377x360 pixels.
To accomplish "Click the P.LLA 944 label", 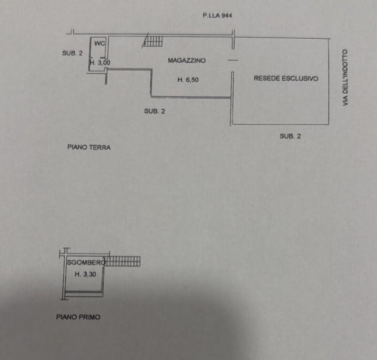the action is coord(217,16).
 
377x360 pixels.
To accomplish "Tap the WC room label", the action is coord(100,44).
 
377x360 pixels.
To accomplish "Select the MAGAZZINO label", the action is coord(187,60).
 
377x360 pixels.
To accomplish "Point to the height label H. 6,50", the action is coord(188,79).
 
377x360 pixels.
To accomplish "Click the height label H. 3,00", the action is coord(100,63).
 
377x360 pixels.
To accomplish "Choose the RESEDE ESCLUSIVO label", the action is coord(286,78).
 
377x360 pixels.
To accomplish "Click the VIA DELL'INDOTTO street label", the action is coord(345,78).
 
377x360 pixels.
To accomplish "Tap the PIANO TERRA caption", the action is coord(89,147).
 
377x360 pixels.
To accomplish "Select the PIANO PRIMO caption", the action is coord(78,317).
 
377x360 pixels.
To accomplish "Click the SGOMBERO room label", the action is coord(86,262).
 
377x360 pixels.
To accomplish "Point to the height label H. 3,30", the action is coord(85,274).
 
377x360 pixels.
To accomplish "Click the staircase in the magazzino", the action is coord(153,41).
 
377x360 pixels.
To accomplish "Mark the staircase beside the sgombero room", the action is coord(123,261).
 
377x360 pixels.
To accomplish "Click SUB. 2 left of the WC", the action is coord(72,53).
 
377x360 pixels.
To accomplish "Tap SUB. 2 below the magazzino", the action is coord(154,111).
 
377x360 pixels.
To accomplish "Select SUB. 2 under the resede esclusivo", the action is coord(290,136).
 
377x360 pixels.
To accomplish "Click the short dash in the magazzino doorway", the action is coord(233,60).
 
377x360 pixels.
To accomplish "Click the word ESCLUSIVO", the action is coord(300,78).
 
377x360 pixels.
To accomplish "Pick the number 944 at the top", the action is coord(227,16).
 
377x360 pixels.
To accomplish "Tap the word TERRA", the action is coord(100,147).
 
